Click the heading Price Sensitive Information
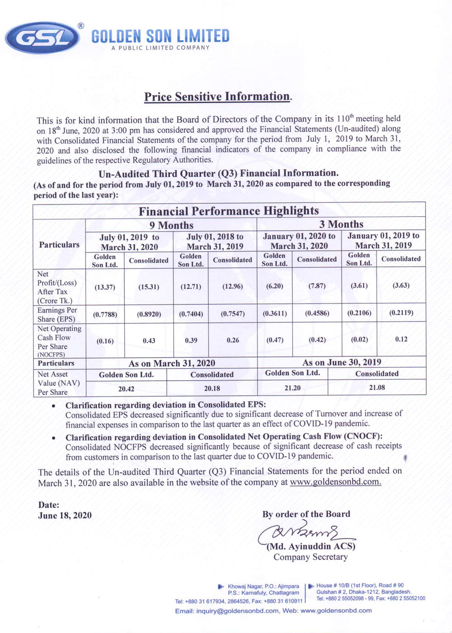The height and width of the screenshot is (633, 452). [x=217, y=97]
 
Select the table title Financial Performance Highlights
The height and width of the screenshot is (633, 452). [x=228, y=211]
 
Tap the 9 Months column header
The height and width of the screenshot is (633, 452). [x=171, y=225]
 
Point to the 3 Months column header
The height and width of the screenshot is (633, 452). [x=341, y=224]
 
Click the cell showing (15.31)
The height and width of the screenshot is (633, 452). [x=149, y=287]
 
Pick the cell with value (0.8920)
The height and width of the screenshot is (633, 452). [x=149, y=314]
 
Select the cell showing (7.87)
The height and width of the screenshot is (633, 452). [x=317, y=286]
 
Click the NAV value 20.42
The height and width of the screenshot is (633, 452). [x=126, y=389]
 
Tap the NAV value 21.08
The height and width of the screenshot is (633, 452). [x=377, y=387]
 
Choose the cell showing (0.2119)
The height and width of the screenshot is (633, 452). [x=401, y=312]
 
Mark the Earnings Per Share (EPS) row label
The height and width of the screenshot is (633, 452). [x=57, y=314]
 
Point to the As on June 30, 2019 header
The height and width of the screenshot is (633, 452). [x=341, y=362]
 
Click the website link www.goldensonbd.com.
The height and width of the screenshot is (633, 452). [x=335, y=482]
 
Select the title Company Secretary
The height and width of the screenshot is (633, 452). [x=311, y=557]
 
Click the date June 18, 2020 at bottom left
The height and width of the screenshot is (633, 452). [x=65, y=515]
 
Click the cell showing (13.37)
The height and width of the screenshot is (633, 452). [x=105, y=287]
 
